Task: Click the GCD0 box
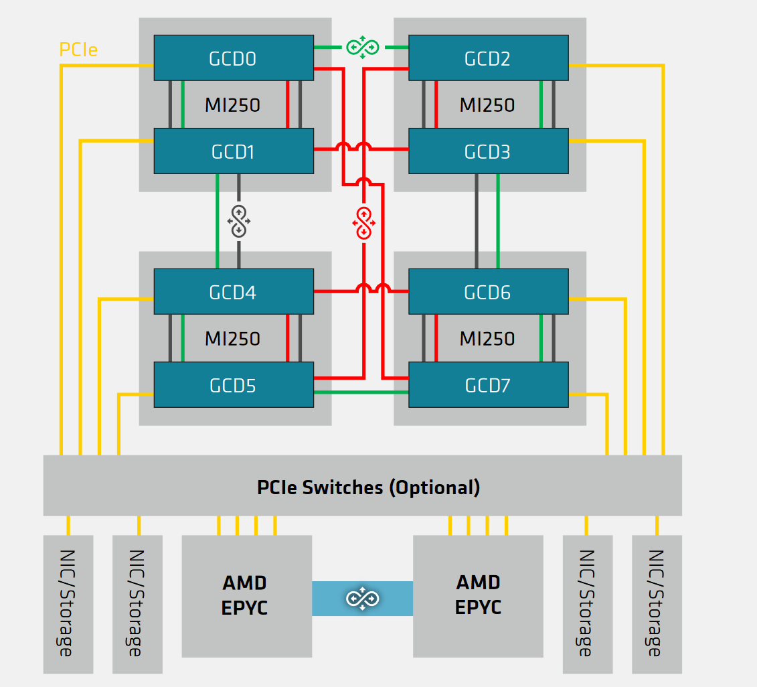coord(233,58)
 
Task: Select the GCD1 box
coord(233,151)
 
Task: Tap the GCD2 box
coord(488,58)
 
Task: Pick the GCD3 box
coord(488,151)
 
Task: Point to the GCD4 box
coord(233,292)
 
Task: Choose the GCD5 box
coord(233,385)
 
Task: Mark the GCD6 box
coord(488,292)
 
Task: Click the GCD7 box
coord(488,385)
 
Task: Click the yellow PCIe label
coord(78,50)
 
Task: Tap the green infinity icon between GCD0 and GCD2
coord(362,47)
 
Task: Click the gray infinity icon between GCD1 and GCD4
coord(239,221)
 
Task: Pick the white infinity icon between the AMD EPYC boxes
coord(362,598)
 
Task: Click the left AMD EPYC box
coord(246,595)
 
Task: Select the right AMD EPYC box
coord(478,595)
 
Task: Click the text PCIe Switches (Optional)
coord(368,487)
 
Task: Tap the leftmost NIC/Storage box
coord(68,604)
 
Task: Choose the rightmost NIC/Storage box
coord(656,604)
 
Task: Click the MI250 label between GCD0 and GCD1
coord(232,105)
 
